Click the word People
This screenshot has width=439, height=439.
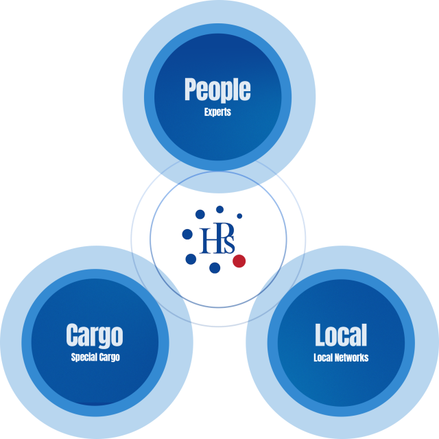[x=217, y=90]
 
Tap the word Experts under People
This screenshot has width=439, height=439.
[x=217, y=112]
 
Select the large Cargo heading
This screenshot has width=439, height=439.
[x=95, y=335]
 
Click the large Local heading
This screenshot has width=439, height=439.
[x=341, y=335]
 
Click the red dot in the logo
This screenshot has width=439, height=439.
[x=239, y=261]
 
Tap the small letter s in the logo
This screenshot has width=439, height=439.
[x=229, y=246]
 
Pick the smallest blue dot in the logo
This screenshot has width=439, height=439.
[x=239, y=216]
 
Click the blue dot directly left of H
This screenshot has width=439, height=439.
[x=187, y=235]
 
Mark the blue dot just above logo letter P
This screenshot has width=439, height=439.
[x=219, y=209]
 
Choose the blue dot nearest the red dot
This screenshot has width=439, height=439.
[x=215, y=268]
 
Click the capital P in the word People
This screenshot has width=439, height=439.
[x=190, y=89]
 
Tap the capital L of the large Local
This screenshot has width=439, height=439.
[x=320, y=335]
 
